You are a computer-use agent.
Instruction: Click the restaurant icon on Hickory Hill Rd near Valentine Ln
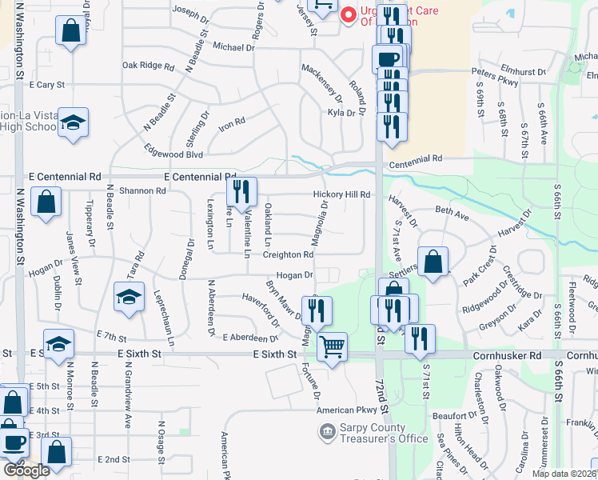[x=241, y=190]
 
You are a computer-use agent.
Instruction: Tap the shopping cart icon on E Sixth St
[x=332, y=346]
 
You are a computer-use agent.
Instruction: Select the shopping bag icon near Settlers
[x=433, y=261]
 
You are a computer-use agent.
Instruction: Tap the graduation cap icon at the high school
[x=73, y=122]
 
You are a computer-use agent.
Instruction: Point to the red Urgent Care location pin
[x=348, y=14]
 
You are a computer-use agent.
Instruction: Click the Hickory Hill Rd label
[x=341, y=194]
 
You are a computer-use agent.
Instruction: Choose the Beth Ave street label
[x=452, y=215]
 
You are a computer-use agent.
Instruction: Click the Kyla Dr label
[x=341, y=113]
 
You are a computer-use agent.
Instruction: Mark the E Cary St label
[x=46, y=84]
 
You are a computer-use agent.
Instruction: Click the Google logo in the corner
[x=26, y=470]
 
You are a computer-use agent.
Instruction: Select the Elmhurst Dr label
[x=525, y=72]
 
